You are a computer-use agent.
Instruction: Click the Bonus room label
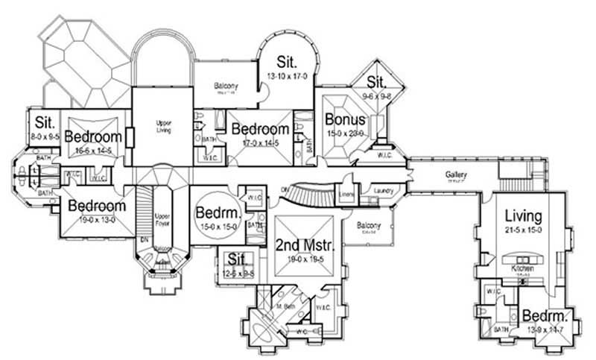pyautogui.click(x=345, y=119)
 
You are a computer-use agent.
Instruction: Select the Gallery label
pyautogui.click(x=456, y=174)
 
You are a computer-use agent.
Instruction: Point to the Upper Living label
pyautogui.click(x=164, y=126)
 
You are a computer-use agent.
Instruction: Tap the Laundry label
pyautogui.click(x=383, y=191)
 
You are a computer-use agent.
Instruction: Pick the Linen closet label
pyautogui.click(x=345, y=195)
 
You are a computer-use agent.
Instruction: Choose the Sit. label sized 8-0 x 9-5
pyautogui.click(x=39, y=124)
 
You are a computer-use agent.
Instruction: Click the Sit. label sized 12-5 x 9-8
pyautogui.click(x=237, y=259)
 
